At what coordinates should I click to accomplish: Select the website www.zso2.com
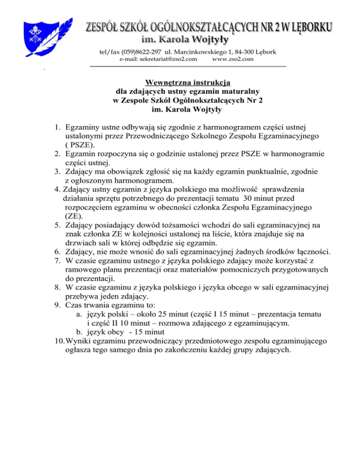pos(232,59)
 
